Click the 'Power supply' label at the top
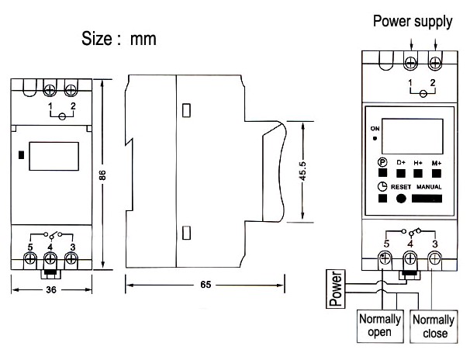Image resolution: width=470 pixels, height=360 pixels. click(x=412, y=21)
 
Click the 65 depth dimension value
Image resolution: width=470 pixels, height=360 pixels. click(x=205, y=285)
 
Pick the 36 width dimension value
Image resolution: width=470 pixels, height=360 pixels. click(x=50, y=291)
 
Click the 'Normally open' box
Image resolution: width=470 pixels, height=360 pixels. click(x=379, y=326)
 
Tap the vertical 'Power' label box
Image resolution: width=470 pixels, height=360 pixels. click(x=335, y=289)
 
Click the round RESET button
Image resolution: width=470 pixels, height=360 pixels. click(x=402, y=199)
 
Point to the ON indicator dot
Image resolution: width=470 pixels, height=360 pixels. click(x=375, y=139)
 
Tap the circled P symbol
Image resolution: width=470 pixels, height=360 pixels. click(x=382, y=162)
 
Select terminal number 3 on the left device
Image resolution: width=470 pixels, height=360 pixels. click(x=72, y=247)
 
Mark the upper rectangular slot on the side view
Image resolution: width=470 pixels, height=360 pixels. click(x=186, y=110)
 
